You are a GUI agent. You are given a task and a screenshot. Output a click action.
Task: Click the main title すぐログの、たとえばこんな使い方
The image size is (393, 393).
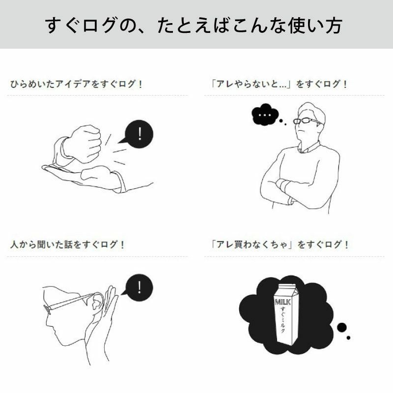point(196,25)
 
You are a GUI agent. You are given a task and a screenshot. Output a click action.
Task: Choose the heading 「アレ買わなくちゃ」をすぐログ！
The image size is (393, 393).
point(278,244)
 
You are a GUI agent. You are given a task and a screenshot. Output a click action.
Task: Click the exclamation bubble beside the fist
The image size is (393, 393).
point(139,134)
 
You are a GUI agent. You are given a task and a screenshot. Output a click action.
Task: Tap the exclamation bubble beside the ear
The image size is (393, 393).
point(139,286)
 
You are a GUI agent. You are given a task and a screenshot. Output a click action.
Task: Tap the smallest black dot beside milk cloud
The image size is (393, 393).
point(349,337)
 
